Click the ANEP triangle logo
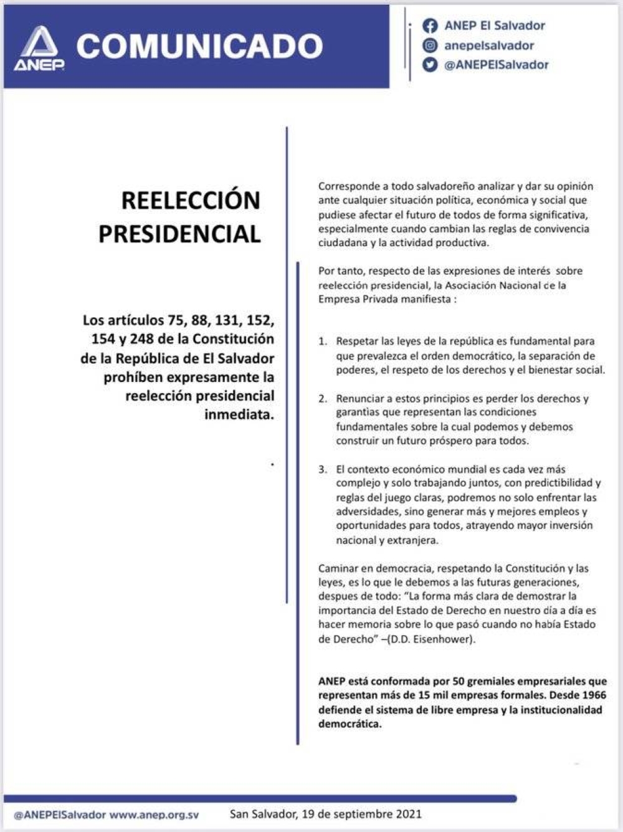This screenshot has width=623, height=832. click(x=39, y=47)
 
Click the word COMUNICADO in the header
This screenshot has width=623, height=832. click(x=199, y=47)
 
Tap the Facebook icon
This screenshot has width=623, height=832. click(x=430, y=26)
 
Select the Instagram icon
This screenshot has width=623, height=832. click(x=430, y=45)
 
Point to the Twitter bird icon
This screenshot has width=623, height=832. click(x=430, y=64)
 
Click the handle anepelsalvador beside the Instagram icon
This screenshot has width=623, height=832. click(x=488, y=45)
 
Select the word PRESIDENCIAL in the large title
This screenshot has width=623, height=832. click(x=179, y=234)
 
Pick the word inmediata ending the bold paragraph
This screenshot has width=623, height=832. click(x=239, y=414)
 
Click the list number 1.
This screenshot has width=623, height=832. click(x=322, y=342)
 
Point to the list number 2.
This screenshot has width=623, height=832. click(x=322, y=399)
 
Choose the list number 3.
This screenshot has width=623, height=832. click(x=322, y=469)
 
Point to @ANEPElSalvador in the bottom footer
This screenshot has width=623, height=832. click(x=60, y=815)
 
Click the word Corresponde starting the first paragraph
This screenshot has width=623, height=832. click(x=348, y=186)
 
